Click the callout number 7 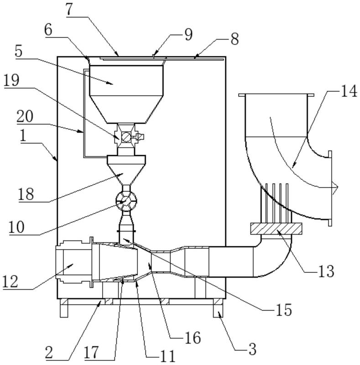(70, 10)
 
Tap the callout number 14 (349, 91)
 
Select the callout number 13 (326, 271)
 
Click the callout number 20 (25, 117)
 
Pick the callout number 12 (10, 282)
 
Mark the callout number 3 (252, 349)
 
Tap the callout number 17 (92, 353)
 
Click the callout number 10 (16, 227)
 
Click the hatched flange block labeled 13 (276, 229)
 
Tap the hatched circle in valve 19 (126, 137)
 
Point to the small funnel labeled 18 (126, 170)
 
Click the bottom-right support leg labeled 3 (218, 308)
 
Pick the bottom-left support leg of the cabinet (64, 308)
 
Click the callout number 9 (188, 35)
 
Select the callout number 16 (193, 338)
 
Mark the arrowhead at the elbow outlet (335, 188)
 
